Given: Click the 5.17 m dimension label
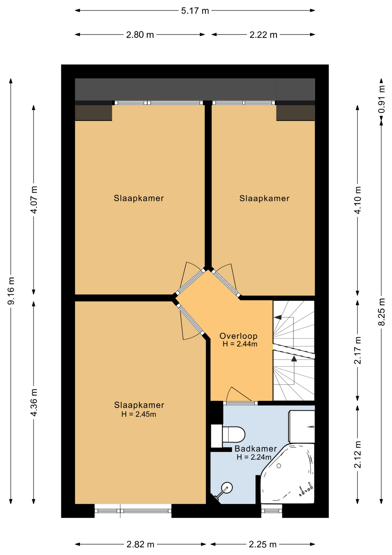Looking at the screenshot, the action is coord(195,11).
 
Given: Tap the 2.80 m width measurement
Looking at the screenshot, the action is coord(140,35).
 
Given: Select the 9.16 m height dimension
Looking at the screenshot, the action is coord(11,291).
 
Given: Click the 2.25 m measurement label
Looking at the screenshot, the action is coord(263,545).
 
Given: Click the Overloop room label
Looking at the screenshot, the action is coord(238,336).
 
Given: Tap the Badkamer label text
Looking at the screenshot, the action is coord(255,449).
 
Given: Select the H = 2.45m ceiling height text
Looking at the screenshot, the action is coord(139,414).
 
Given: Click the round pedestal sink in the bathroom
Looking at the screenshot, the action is coord(227,488).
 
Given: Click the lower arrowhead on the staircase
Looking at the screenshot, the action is coord(294,359).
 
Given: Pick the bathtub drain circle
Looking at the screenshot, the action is coord(279,466).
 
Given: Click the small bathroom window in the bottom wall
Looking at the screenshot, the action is coord(272,511).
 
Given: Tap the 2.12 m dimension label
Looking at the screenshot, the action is coord(358,454).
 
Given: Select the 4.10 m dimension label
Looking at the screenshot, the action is coord(358,200).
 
